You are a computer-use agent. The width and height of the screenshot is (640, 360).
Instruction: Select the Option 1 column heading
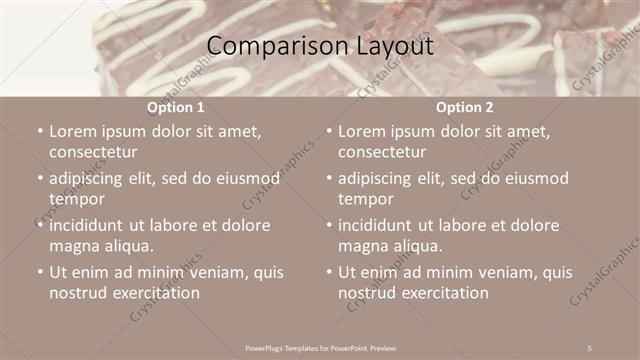click(x=176, y=107)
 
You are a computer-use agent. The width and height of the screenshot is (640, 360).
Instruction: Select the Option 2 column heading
click(x=465, y=107)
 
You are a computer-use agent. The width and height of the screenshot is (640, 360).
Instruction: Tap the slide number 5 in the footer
click(x=590, y=347)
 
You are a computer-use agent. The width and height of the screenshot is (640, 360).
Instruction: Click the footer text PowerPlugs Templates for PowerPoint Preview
click(x=320, y=347)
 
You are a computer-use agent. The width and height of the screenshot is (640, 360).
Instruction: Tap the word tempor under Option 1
click(x=76, y=199)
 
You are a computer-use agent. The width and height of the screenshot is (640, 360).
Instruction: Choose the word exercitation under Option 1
click(x=152, y=293)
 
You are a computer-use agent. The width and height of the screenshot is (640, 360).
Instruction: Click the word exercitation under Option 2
click(x=441, y=293)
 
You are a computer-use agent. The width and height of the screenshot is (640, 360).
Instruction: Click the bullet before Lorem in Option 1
click(x=39, y=131)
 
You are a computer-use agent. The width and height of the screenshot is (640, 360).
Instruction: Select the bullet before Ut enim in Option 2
click(x=328, y=272)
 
